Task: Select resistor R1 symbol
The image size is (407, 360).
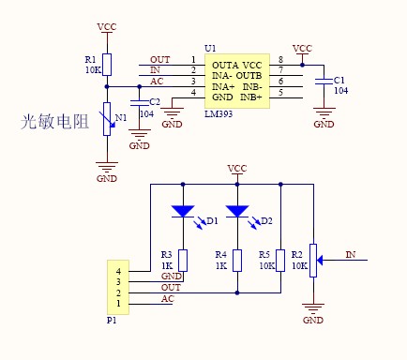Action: [x=107, y=64]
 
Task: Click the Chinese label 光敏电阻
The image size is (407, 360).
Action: [x=53, y=122]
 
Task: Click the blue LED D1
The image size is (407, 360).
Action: [x=183, y=212]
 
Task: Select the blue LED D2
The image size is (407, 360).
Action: [x=237, y=212]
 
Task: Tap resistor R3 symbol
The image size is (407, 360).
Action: [x=183, y=260]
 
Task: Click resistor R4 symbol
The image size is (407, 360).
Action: [x=237, y=260]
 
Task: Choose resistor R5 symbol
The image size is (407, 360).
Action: [x=281, y=260]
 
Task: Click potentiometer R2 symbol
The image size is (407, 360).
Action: [x=313, y=255]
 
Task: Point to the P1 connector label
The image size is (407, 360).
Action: [x=112, y=320]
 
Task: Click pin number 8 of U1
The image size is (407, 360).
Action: [x=280, y=60]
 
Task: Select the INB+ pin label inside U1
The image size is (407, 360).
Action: [x=249, y=97]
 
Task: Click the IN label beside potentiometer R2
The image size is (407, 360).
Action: [x=350, y=254]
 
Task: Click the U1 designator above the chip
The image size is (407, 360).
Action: [x=209, y=47]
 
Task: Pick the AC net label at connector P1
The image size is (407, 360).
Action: [x=166, y=298]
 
